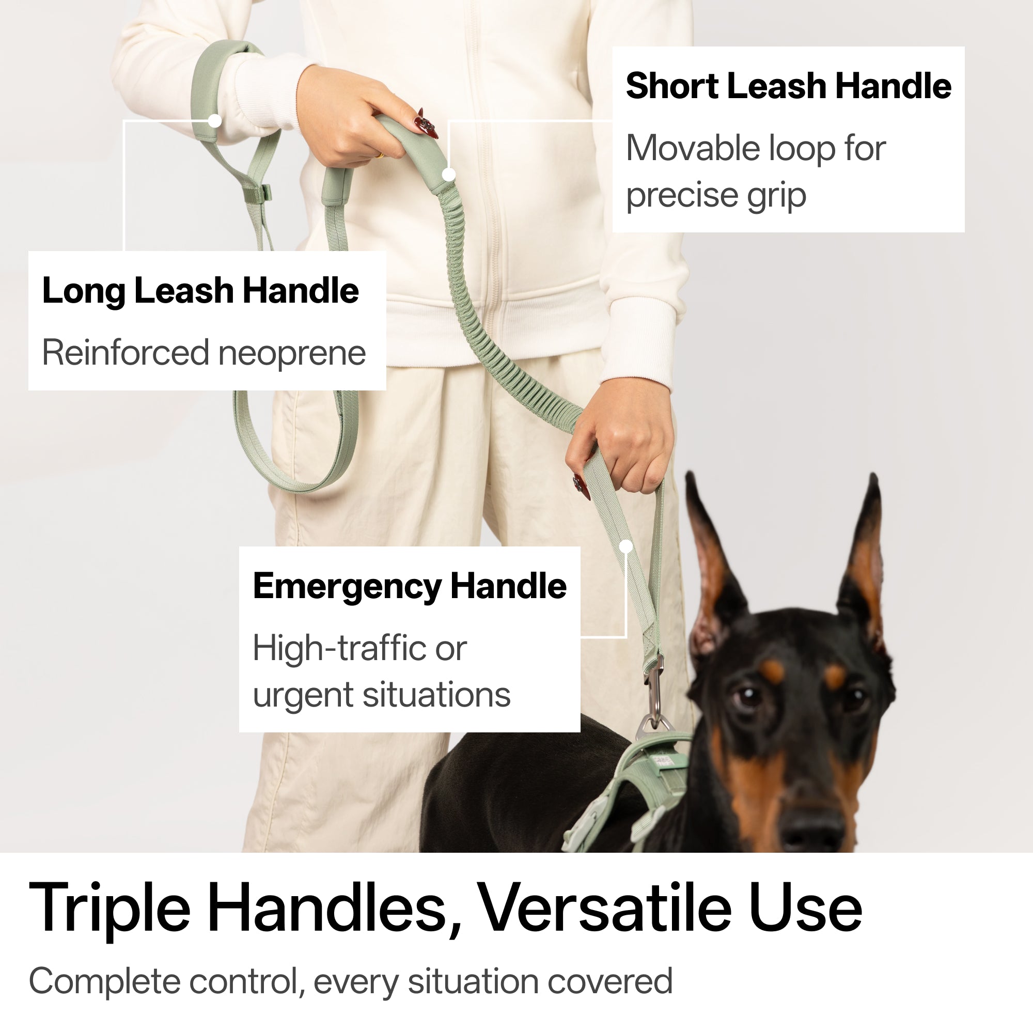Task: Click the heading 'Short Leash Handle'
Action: click(788, 86)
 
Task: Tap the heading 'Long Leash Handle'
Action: click(200, 291)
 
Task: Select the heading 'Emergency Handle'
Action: click(410, 586)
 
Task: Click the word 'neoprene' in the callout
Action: click(292, 353)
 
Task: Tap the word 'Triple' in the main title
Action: click(109, 909)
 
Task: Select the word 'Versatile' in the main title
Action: click(605, 909)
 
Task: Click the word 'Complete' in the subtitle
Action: click(105, 982)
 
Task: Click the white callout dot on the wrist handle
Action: click(215, 121)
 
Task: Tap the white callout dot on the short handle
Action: click(449, 174)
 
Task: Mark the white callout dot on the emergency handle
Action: click(626, 546)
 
